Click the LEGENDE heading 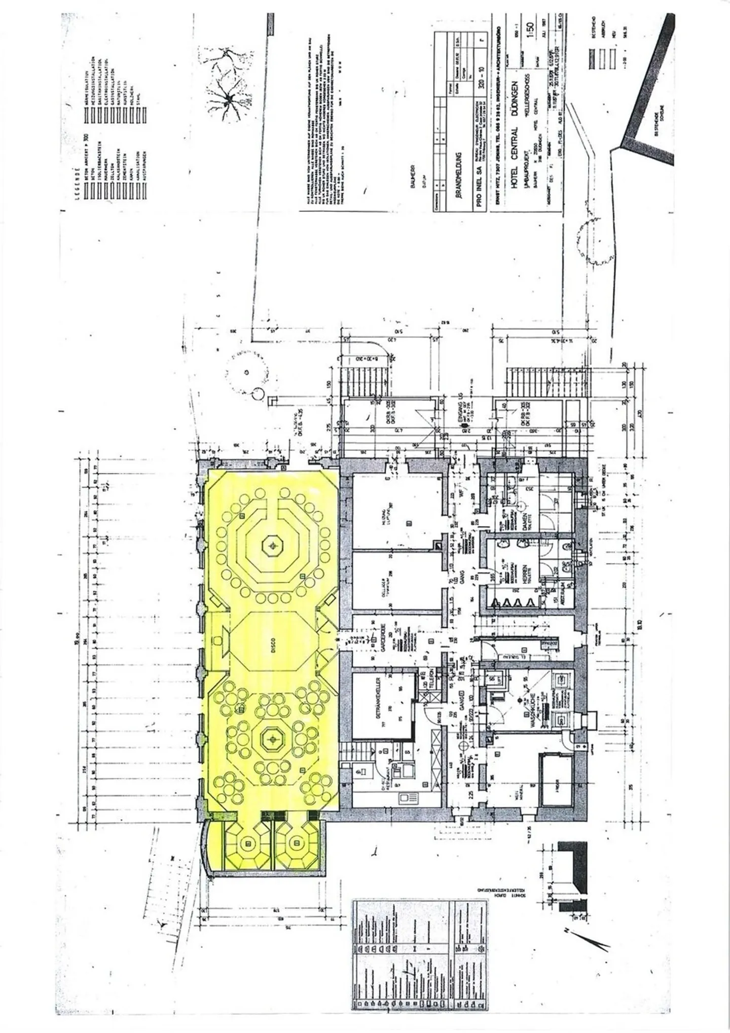78,185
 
